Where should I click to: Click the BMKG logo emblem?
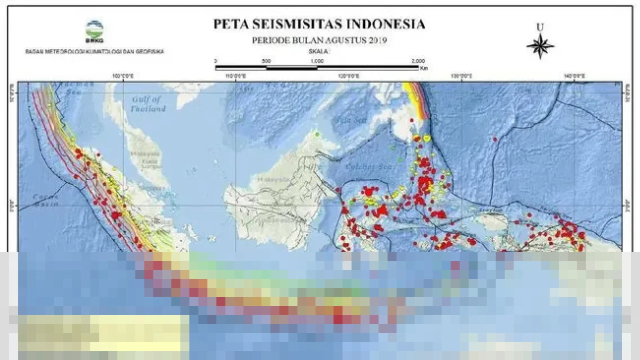click(x=94, y=29)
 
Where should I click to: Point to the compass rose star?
click(x=540, y=46)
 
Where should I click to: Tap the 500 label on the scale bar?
click(x=266, y=61)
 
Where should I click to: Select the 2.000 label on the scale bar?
click(x=417, y=61)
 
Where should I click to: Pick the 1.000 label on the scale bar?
click(x=316, y=61)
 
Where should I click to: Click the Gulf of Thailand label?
click(x=147, y=104)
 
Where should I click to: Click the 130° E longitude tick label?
click(x=461, y=76)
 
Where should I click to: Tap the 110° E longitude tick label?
click(x=236, y=76)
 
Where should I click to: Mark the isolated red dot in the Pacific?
click(x=495, y=139)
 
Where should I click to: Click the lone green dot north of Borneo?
click(x=316, y=134)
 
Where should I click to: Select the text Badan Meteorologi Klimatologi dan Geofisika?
click(x=94, y=51)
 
